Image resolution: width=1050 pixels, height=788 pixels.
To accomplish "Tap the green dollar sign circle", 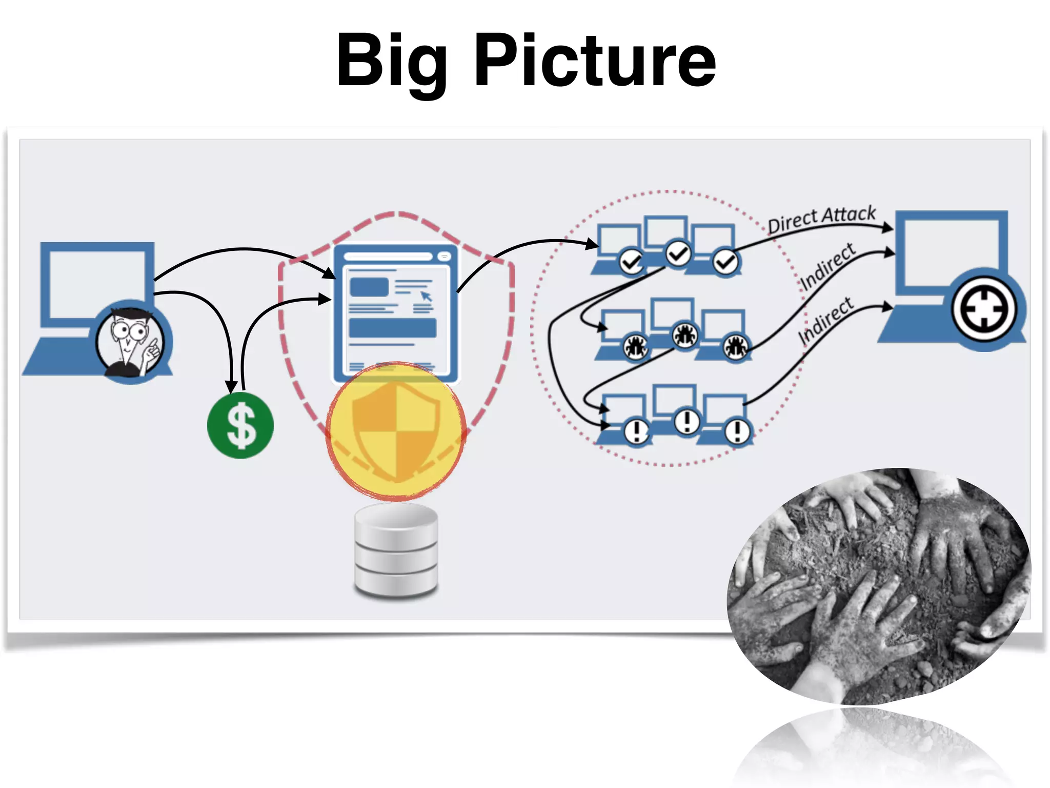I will (x=240, y=425).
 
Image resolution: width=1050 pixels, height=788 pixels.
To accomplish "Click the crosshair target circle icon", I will (x=983, y=309).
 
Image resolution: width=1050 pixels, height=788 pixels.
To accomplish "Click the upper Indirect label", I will (x=827, y=266).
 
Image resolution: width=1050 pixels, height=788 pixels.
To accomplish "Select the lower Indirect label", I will (x=825, y=320).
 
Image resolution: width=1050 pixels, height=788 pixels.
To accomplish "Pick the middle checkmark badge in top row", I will (x=678, y=253).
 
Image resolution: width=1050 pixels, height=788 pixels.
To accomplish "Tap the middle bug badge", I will (x=685, y=336).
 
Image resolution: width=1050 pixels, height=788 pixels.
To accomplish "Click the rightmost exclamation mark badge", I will (x=738, y=431).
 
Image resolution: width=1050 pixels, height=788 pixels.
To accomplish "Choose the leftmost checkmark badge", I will (x=631, y=262).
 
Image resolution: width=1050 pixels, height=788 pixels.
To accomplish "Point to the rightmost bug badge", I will (x=735, y=347).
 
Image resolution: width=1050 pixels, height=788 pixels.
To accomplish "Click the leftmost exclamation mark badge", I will (x=636, y=430).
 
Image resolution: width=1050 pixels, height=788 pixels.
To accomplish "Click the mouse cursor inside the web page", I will (x=426, y=296).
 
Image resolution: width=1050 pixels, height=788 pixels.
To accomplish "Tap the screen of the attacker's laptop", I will (x=97, y=282).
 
